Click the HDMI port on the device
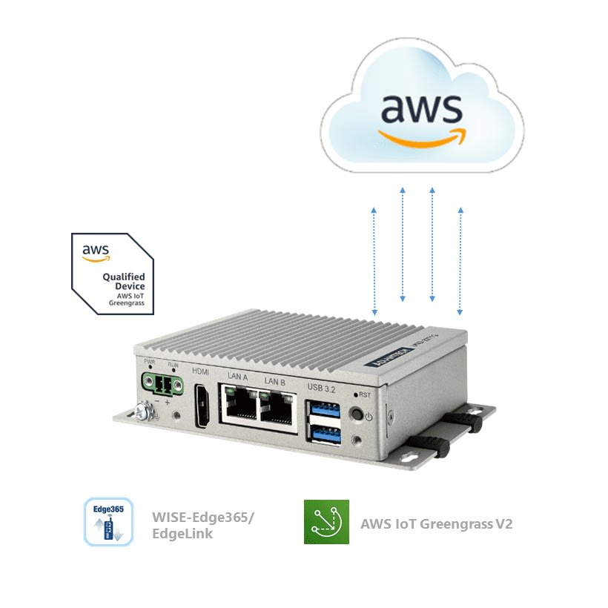tap(200, 407)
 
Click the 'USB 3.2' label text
tap(322, 384)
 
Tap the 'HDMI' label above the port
tap(200, 372)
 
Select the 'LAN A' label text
tap(238, 377)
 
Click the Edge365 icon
tap(108, 522)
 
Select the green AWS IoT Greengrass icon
tap(326, 522)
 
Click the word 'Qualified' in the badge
tap(123, 277)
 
